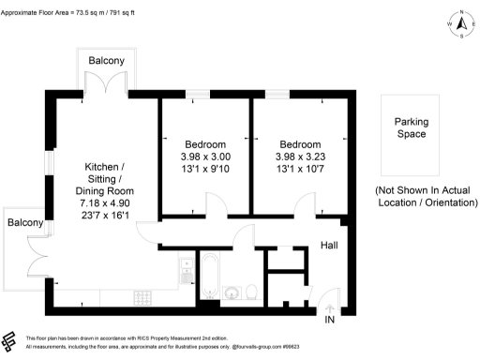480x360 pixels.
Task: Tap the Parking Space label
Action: point(410,127)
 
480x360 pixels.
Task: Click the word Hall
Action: point(329,245)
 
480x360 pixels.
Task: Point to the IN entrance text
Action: point(329,321)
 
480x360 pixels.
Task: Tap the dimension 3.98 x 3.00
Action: point(204,157)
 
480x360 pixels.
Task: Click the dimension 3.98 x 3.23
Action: point(299,157)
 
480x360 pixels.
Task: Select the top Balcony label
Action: point(105,61)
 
